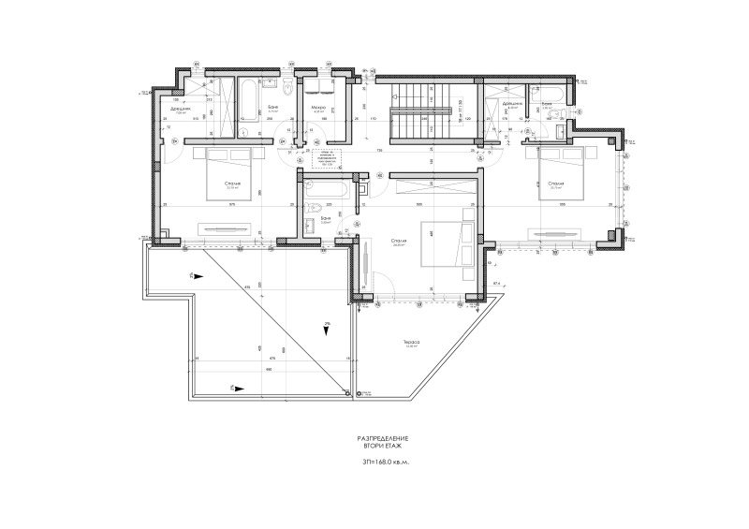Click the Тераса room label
point(411,342)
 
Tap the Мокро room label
point(317,108)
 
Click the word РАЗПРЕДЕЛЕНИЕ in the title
point(384,439)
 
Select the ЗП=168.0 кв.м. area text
point(384,463)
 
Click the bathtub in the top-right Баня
point(547,92)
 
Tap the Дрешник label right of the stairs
point(511,103)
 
